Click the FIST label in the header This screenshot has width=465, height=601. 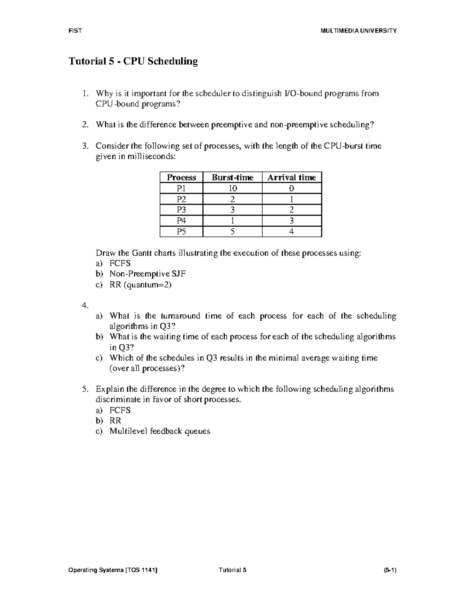coord(75,31)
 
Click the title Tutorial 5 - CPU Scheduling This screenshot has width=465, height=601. coord(133,62)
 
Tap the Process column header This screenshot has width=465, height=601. coord(181,178)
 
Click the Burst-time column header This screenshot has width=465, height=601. coord(232,178)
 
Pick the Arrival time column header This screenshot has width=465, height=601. coord(292,178)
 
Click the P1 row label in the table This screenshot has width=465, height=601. coord(181,188)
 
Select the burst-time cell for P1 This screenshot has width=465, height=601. coord(232,188)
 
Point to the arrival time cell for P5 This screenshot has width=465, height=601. coord(292,232)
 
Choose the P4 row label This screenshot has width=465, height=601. coord(181,221)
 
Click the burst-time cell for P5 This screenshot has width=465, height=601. coord(232,232)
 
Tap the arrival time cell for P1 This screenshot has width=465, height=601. coord(292,188)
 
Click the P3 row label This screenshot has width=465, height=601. coord(181,210)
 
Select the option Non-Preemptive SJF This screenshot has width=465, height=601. coord(148,274)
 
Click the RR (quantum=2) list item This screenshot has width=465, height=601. coord(140,285)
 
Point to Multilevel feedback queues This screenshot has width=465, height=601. coord(160,431)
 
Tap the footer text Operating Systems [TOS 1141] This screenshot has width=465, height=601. coord(113,570)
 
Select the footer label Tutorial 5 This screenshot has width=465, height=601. coord(232,570)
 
